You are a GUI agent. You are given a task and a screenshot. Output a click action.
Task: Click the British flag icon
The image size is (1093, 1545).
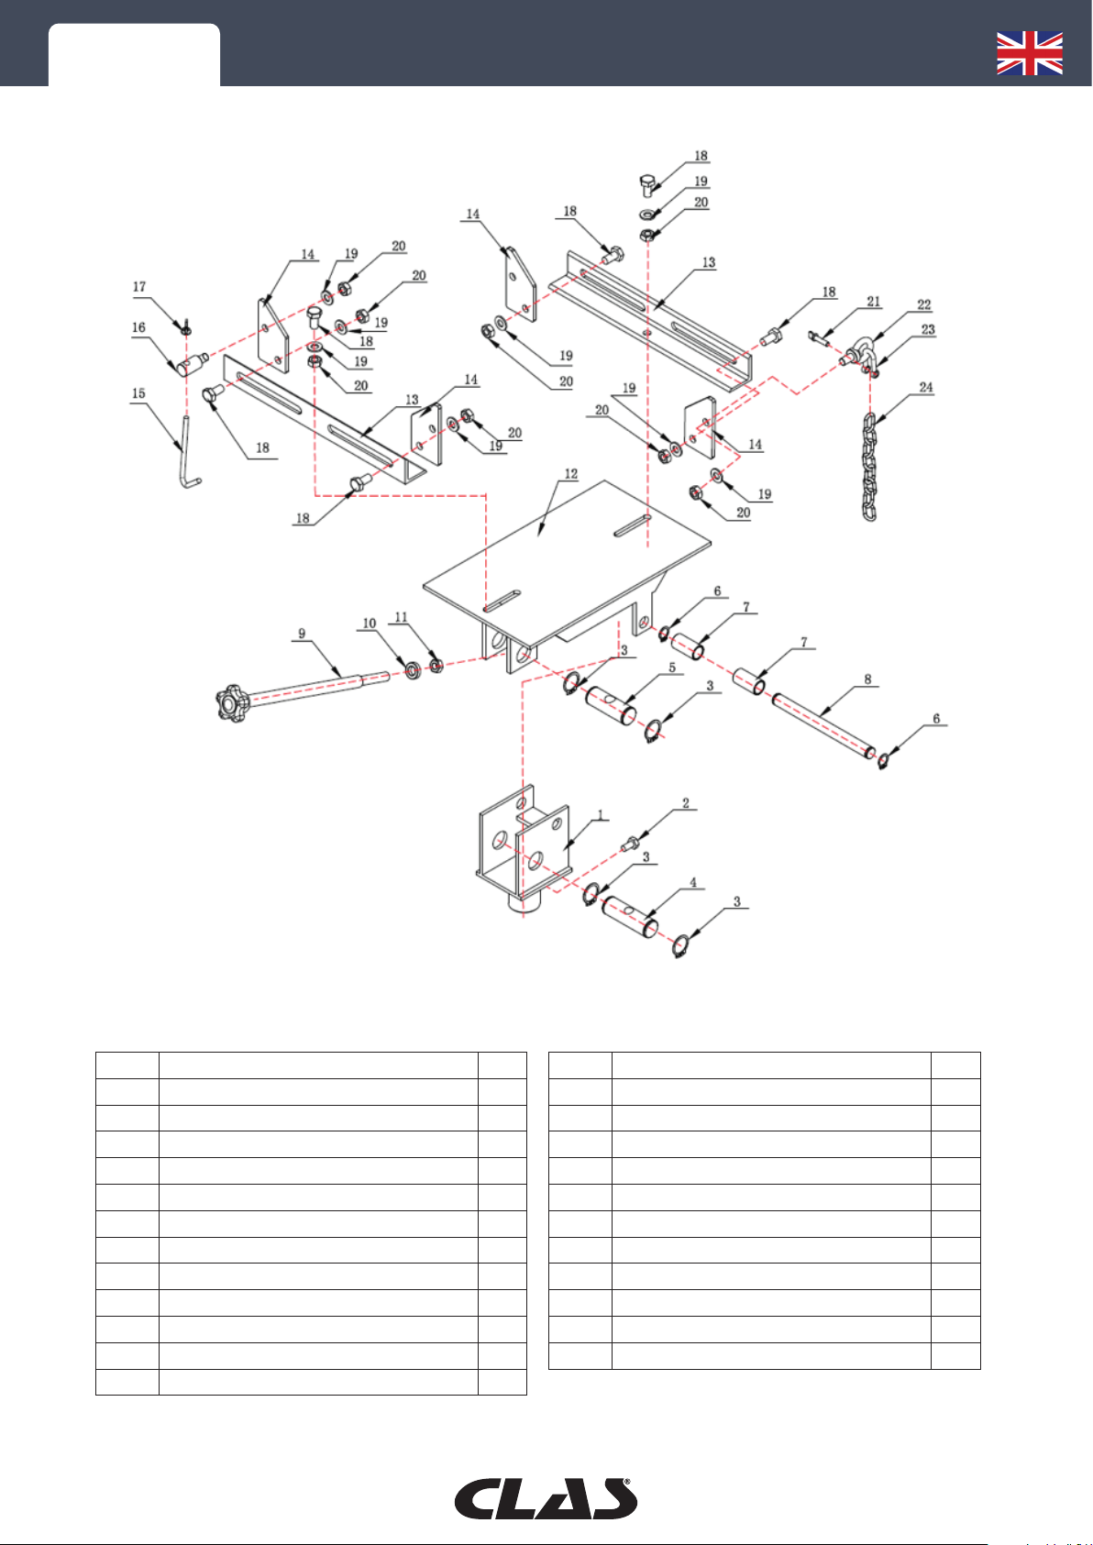[x=1030, y=53]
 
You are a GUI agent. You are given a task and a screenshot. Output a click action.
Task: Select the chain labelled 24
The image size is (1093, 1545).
[x=868, y=467]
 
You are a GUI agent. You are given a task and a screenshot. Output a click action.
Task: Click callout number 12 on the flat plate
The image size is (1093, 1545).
[x=571, y=474]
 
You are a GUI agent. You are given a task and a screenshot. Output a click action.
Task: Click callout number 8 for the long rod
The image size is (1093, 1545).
[x=867, y=680]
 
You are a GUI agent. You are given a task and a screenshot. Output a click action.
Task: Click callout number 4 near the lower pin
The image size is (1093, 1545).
[x=693, y=883]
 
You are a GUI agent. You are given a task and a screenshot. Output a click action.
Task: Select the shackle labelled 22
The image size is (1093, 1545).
[x=861, y=353]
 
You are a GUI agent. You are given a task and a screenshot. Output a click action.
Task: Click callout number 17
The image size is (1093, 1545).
[x=139, y=287]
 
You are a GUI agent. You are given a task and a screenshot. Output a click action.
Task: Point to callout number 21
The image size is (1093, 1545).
[x=873, y=302]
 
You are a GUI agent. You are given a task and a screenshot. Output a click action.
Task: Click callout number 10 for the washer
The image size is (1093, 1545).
[x=370, y=624]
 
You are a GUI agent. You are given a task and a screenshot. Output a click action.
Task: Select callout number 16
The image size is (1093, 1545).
[x=139, y=327]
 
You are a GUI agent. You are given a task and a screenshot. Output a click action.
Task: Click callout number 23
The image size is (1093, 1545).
[x=928, y=329]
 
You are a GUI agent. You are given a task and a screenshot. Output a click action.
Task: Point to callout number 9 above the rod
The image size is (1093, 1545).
[x=302, y=634]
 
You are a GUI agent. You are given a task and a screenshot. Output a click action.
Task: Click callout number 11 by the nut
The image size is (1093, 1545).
[x=401, y=618]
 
